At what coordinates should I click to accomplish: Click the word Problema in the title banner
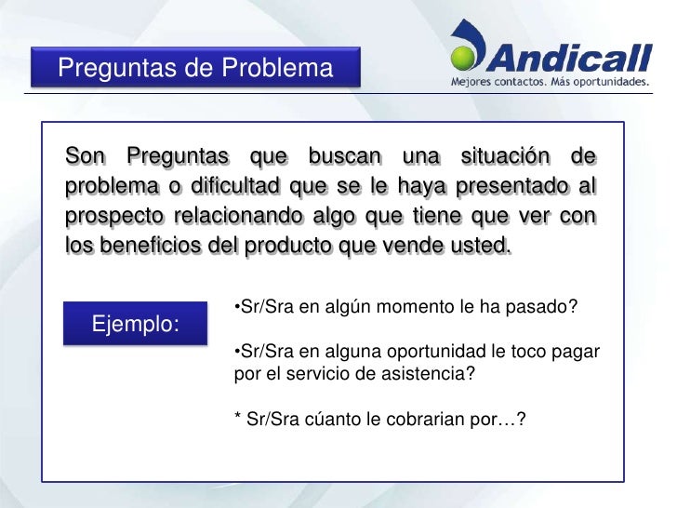point(277,68)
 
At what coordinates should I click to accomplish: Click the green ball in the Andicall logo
point(462,58)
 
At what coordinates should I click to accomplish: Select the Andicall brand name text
point(569,58)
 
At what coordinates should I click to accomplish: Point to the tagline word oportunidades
point(611,82)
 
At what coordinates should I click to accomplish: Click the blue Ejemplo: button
point(135,323)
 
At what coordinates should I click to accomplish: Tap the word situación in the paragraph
point(506,155)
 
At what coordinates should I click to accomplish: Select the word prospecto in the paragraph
point(114,217)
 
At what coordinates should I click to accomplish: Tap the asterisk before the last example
point(238,417)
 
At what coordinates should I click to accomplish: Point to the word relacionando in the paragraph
point(239,216)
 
